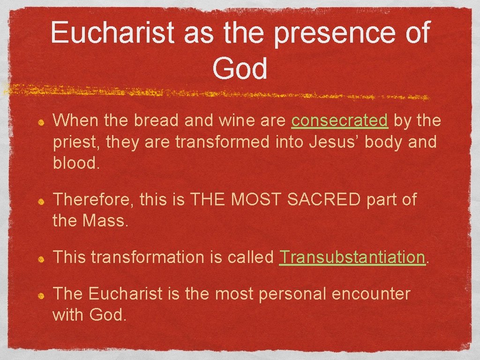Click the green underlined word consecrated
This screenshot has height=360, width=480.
tap(339, 121)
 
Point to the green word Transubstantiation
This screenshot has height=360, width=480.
tap(352, 257)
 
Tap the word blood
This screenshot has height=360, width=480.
tap(75, 162)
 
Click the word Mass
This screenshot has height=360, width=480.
tap(105, 220)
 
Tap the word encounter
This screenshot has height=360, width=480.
tap(370, 294)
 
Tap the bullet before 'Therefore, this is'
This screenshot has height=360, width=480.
tap(41, 201)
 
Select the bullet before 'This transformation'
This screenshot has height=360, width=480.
tap(41, 258)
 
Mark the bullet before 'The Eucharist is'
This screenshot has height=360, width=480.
tap(41, 295)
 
